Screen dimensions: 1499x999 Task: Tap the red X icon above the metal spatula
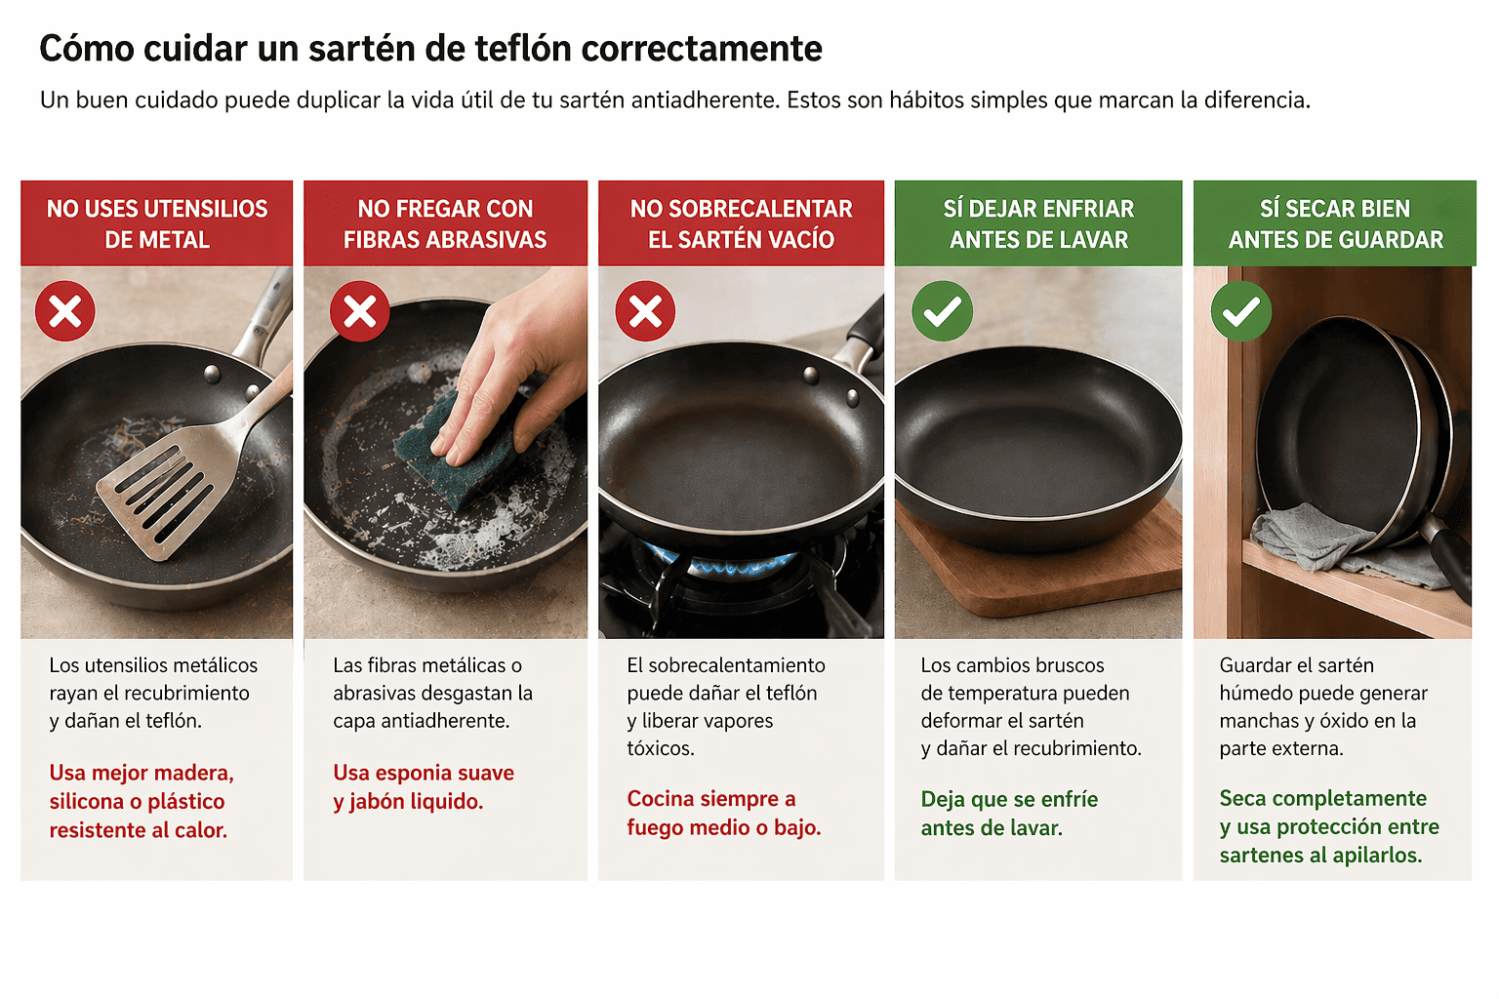click(x=65, y=311)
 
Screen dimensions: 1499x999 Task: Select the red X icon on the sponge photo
click(x=359, y=311)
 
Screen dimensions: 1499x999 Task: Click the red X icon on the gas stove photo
click(x=645, y=311)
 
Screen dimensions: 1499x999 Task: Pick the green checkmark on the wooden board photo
click(x=942, y=311)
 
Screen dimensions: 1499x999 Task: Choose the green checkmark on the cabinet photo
click(x=1241, y=311)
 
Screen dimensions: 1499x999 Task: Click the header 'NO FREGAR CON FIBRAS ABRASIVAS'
click(x=445, y=224)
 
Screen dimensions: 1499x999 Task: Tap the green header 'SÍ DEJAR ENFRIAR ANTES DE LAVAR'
click(x=1038, y=224)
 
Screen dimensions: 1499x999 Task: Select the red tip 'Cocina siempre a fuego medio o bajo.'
click(x=724, y=813)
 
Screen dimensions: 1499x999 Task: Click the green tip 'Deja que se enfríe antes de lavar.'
click(x=1009, y=814)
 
